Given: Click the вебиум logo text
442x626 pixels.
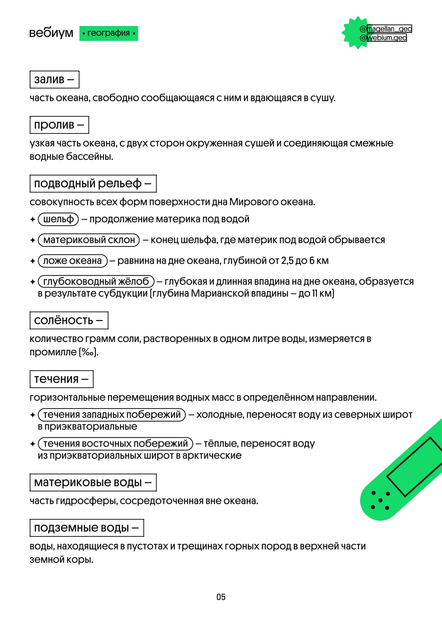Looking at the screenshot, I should pos(51,33).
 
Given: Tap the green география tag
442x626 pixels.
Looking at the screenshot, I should pos(109,33).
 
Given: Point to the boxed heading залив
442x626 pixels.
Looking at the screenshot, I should pos(54,79).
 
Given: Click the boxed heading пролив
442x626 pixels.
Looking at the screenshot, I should pos(59,125).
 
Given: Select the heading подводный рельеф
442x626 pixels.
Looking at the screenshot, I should pos(93,183).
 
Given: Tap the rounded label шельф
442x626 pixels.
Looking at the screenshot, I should pos(58,219).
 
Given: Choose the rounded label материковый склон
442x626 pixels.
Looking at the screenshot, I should pos(89,240).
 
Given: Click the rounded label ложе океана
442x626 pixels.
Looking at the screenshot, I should pos(72,261).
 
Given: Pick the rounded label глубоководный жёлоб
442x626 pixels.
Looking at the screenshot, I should pos(96,281).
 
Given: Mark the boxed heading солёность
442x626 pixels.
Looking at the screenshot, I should pos(69,320).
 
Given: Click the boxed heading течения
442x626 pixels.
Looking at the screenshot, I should pos(61,379).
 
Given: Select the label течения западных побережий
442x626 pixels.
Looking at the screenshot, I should pos(112,414).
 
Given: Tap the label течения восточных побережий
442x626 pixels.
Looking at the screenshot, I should pos(115,443).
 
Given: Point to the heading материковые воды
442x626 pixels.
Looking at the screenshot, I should pos(93,482).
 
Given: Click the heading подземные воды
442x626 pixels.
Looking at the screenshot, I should pos(87,528).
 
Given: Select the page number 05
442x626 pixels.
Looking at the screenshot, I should pos(221,597).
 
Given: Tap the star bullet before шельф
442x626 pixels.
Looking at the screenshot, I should pos(33,219).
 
